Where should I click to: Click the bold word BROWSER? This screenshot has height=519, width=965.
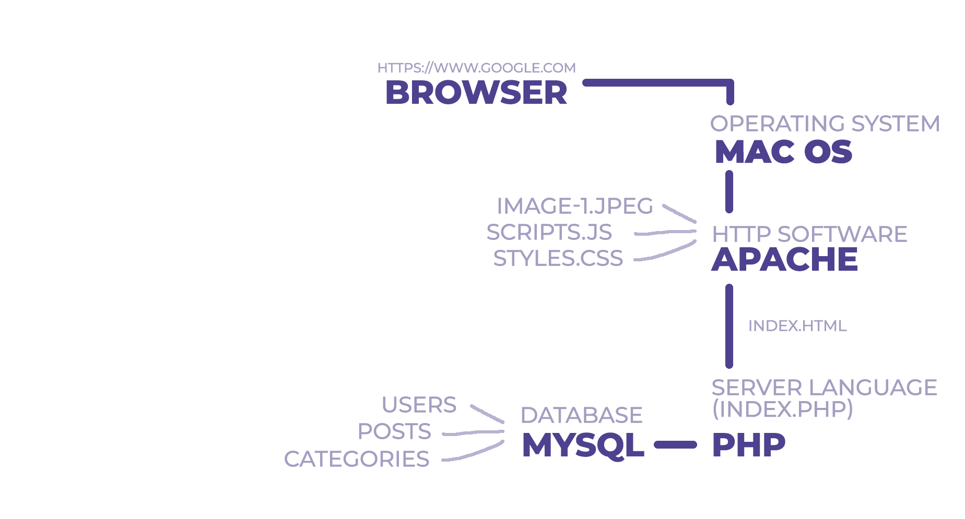pyautogui.click(x=476, y=93)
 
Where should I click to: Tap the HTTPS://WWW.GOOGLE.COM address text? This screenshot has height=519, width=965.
pyautogui.click(x=476, y=68)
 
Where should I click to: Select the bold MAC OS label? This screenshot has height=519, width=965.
pyautogui.click(x=783, y=152)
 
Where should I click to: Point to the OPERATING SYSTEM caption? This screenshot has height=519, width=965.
pyautogui.click(x=825, y=124)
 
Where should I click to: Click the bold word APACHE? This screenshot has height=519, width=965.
pyautogui.click(x=784, y=259)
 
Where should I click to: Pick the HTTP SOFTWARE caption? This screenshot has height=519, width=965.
pyautogui.click(x=809, y=234)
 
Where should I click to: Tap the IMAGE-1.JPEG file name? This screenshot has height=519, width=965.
pyautogui.click(x=574, y=206)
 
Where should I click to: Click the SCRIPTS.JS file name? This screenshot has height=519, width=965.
pyautogui.click(x=549, y=233)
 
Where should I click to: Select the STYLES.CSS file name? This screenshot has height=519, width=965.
pyautogui.click(x=558, y=258)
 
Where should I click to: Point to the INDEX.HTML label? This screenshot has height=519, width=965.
pyautogui.click(x=797, y=326)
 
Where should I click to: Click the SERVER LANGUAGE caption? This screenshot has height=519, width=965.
pyautogui.click(x=824, y=388)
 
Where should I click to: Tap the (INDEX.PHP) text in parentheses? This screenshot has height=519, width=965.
pyautogui.click(x=782, y=409)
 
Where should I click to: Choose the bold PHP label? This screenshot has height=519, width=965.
pyautogui.click(x=748, y=445)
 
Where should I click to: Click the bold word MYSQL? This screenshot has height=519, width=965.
pyautogui.click(x=583, y=445)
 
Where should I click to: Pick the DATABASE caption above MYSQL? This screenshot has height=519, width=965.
pyautogui.click(x=581, y=415)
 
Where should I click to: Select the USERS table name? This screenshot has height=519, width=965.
pyautogui.click(x=419, y=405)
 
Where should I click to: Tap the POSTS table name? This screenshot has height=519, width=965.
pyautogui.click(x=394, y=431)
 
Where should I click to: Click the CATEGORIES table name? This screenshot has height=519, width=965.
pyautogui.click(x=356, y=459)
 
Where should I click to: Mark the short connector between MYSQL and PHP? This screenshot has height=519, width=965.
pyautogui.click(x=675, y=445)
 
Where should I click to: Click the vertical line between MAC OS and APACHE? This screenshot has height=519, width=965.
pyautogui.click(x=729, y=191)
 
